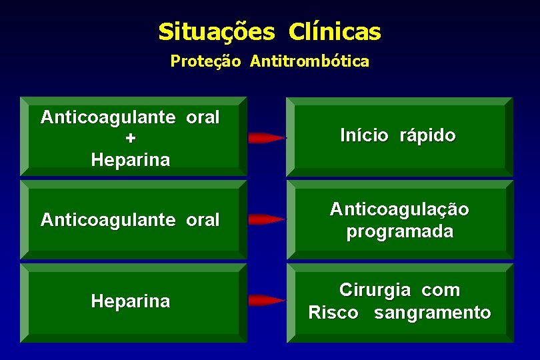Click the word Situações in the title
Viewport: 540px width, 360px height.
pos(216,31)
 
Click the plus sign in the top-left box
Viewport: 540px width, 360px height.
pos(130,139)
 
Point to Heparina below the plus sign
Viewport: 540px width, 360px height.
pos(130,160)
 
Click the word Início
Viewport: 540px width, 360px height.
pos(364,136)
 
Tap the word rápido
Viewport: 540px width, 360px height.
pos(427,136)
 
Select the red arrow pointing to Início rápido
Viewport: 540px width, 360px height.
pos(266,138)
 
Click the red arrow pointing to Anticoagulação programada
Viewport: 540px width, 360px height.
pos(266,219)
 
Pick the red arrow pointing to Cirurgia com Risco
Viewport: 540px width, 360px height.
pos(266,300)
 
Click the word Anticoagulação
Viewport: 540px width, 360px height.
pos(399,209)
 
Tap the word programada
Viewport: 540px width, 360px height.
pos(399,232)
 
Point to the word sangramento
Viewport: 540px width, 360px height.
pos(432,313)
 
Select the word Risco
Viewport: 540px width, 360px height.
pos(333,313)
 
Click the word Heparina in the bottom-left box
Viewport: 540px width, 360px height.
pos(130,301)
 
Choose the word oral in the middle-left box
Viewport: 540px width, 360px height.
pos(203,219)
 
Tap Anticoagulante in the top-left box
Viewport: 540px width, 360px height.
pos(108,117)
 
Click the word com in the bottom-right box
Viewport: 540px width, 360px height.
pos(441,291)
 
